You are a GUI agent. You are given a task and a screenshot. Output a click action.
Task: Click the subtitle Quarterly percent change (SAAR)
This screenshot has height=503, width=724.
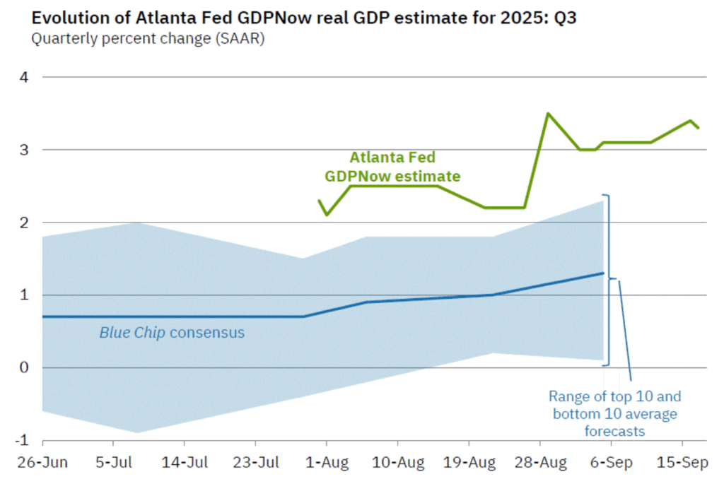(x=147, y=39)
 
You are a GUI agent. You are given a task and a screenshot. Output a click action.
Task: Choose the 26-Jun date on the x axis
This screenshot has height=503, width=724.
(x=43, y=463)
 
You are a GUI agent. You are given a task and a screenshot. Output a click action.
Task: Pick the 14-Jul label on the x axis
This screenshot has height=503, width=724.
(x=185, y=463)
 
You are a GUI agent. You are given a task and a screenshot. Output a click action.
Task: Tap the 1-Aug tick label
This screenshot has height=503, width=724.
(x=326, y=463)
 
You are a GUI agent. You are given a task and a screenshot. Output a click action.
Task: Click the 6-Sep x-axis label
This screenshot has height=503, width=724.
(x=612, y=463)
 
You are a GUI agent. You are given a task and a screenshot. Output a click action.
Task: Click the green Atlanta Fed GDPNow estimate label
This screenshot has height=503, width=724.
(x=392, y=167)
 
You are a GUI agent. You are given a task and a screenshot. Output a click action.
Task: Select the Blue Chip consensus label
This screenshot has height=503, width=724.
(x=172, y=332)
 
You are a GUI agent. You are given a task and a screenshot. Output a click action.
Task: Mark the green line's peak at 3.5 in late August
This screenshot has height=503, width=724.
(x=548, y=113)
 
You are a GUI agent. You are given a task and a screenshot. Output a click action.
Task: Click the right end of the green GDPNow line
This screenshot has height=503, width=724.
(x=699, y=128)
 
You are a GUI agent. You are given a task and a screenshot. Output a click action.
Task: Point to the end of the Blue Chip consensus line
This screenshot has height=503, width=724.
(x=603, y=273)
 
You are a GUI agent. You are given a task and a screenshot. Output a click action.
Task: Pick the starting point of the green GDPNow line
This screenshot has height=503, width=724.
(x=319, y=201)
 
